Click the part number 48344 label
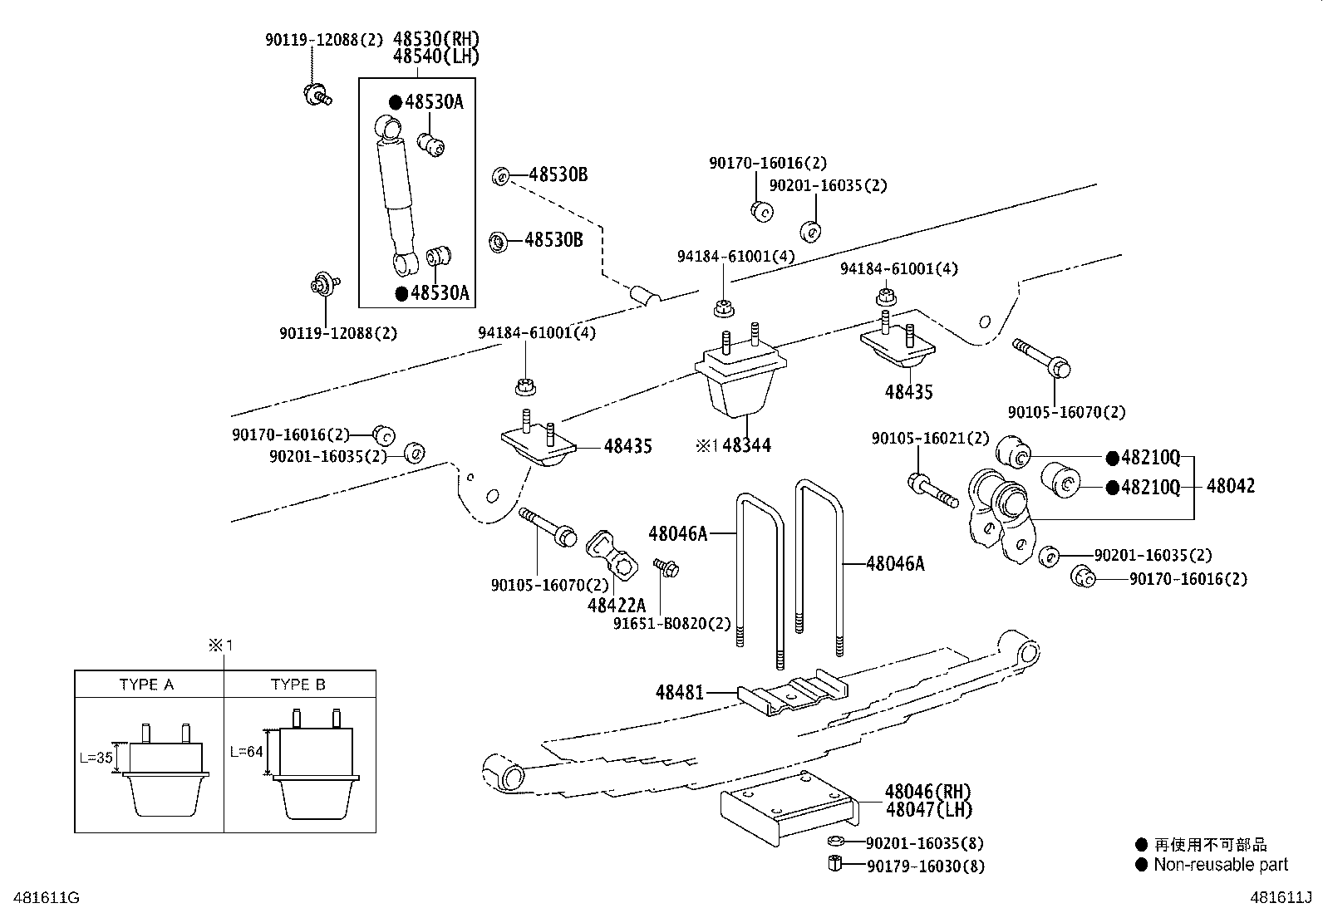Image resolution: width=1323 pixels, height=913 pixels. [x=746, y=446]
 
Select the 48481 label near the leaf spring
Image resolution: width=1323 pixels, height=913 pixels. [x=679, y=691]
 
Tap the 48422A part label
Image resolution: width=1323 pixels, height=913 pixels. [x=616, y=606]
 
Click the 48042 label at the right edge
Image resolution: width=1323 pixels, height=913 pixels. [x=1230, y=486]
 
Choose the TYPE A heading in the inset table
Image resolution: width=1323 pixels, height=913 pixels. [x=147, y=685]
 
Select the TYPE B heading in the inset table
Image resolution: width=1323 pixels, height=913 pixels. [x=298, y=685]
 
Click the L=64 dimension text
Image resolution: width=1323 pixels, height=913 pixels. [x=246, y=752]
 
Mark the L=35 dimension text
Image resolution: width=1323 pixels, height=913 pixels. [x=96, y=758]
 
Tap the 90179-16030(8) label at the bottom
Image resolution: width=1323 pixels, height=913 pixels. [x=925, y=866]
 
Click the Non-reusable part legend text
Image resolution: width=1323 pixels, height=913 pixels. [x=1220, y=865]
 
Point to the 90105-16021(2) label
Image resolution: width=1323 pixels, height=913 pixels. [x=930, y=438]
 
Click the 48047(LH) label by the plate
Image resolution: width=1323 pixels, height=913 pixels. [x=927, y=809]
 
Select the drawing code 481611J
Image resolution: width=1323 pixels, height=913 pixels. [x=1281, y=898]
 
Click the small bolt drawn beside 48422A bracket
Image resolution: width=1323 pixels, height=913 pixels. [x=666, y=567]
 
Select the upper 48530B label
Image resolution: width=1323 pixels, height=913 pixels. [x=558, y=174]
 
